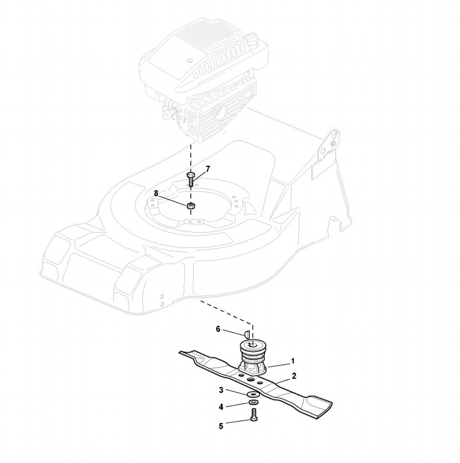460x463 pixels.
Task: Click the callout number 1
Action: tap(292, 360)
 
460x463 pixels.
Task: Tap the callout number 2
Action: tap(293, 376)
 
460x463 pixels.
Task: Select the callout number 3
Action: tap(221, 390)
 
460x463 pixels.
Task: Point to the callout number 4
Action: tap(221, 406)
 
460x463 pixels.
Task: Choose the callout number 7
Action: tap(208, 169)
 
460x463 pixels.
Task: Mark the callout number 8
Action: tap(156, 193)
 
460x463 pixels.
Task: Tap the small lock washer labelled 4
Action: tap(252, 403)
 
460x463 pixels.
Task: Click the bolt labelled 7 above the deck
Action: tap(191, 178)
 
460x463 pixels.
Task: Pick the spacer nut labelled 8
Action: tap(191, 206)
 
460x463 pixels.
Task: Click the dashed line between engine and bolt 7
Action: tap(191, 156)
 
